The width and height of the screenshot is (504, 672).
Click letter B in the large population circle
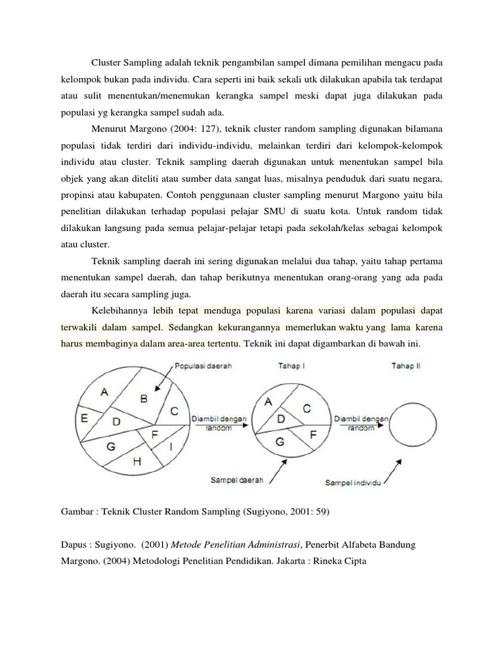(144, 398)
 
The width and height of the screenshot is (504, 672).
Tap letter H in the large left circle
(137, 461)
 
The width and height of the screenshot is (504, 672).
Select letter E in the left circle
(84, 417)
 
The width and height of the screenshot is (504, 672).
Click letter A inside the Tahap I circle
(268, 404)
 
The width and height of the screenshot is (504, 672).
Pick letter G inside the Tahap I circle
(280, 442)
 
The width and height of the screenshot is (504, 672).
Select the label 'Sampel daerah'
(237, 480)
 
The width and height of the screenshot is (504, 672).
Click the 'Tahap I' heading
(293, 366)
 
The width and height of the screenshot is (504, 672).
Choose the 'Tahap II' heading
(406, 366)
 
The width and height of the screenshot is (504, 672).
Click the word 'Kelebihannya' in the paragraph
(119, 310)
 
